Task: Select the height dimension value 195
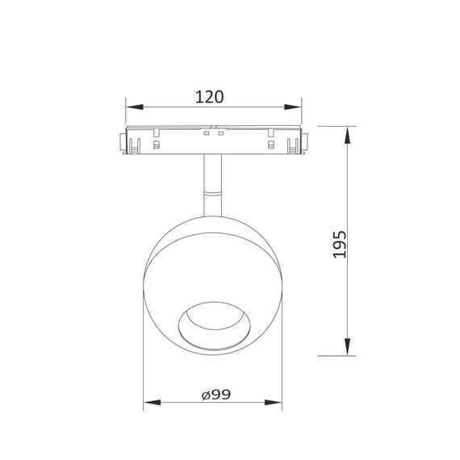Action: click(340, 244)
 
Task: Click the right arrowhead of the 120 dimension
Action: click(295, 107)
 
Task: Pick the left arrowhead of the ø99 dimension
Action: click(149, 403)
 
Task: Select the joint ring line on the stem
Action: click(213, 194)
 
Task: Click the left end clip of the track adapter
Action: click(128, 142)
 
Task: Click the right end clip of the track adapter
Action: click(300, 142)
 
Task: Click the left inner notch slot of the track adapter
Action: click(153, 144)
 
